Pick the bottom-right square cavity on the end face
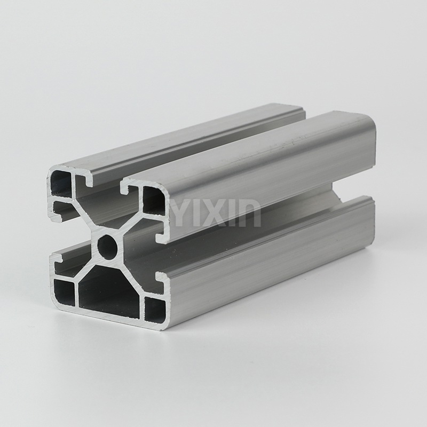155,310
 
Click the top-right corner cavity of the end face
153,199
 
